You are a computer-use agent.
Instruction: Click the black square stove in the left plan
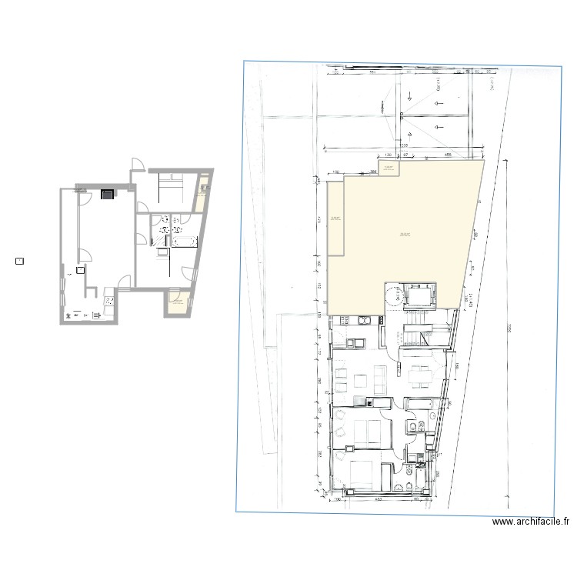[106, 194]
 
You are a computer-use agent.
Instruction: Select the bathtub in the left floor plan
[185, 242]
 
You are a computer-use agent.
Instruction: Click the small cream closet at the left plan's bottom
[178, 302]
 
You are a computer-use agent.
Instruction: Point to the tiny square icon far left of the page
[19, 261]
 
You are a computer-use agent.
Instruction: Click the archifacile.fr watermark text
[530, 522]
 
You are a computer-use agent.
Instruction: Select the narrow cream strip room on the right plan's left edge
[336, 219]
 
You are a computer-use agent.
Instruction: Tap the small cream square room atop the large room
[389, 168]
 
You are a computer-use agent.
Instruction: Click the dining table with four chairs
[420, 375]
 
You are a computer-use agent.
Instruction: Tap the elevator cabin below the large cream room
[419, 293]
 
